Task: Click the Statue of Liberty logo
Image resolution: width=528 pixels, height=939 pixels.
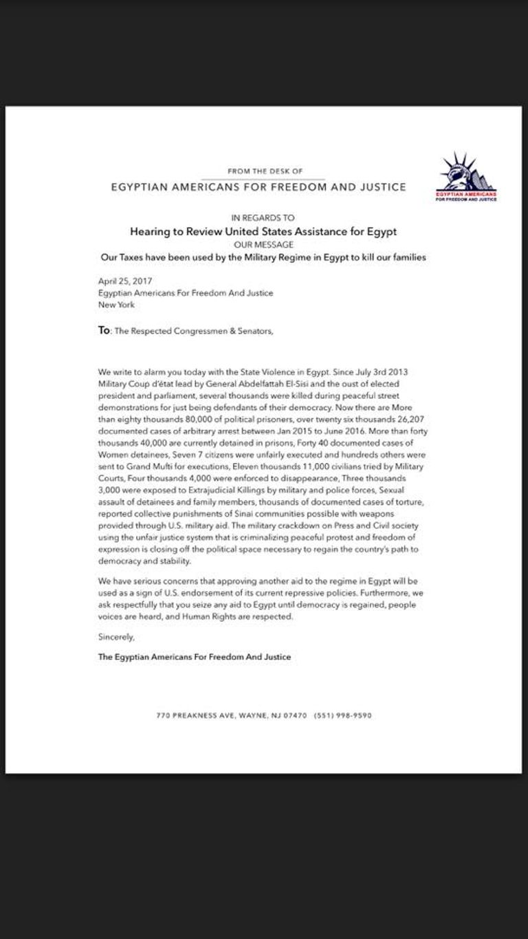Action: [x=466, y=176]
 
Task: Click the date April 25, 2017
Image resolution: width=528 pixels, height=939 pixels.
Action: [x=124, y=281]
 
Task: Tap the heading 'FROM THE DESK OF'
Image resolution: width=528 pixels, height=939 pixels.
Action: [x=265, y=171]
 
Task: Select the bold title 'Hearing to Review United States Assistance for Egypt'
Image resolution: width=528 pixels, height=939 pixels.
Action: [x=263, y=232]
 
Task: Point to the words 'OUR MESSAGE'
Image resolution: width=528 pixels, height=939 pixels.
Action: [x=263, y=244]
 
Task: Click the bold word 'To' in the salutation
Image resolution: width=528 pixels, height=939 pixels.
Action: [x=104, y=330]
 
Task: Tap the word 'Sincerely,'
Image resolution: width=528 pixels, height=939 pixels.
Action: [x=116, y=638]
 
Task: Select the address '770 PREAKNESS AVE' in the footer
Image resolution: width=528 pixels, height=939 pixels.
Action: [x=195, y=715]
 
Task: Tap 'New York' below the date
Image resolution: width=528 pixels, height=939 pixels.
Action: [x=116, y=304]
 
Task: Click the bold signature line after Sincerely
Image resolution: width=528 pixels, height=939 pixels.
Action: [x=194, y=657]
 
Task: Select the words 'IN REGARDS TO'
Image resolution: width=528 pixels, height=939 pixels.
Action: [x=263, y=217]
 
